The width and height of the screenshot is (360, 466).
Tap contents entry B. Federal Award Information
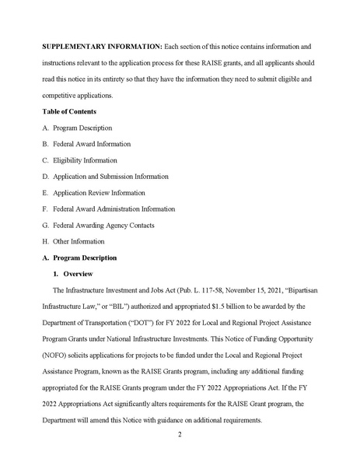[x=87, y=144]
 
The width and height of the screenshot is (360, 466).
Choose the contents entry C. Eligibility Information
[x=80, y=160]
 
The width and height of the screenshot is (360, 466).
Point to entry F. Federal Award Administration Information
[x=109, y=209]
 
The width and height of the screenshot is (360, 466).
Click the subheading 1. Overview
[x=73, y=274]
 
